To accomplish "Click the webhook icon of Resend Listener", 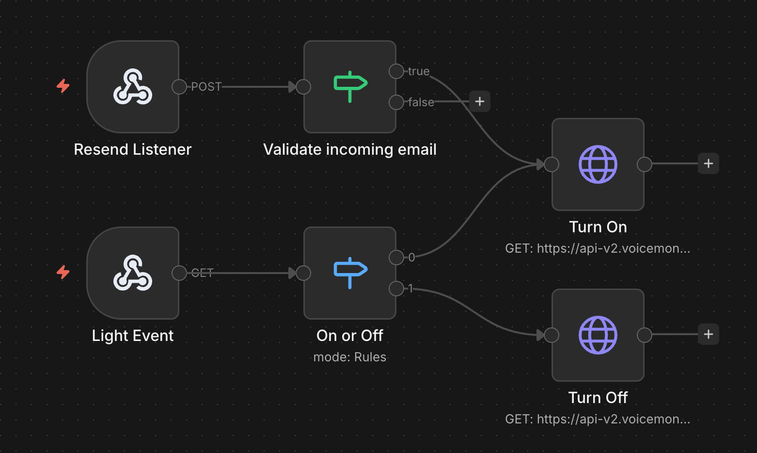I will pos(133,87).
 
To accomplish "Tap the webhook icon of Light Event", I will pos(133,273).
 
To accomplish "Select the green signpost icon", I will pos(350,86).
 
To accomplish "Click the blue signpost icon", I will pos(350,273).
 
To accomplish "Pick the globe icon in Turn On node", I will pos(598,164).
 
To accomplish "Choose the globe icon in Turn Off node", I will pos(598,335).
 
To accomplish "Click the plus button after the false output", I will pos(480,101).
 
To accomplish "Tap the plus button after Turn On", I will pos(708,163).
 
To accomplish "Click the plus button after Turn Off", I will pos(708,334).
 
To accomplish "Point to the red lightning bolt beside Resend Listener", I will pos(63,86).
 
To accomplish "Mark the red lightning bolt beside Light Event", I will pos(63,272).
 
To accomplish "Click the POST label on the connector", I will pos(206,87).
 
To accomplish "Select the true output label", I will pos(419,71).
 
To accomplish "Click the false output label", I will pos(421,102).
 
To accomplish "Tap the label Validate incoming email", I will pos(349,149).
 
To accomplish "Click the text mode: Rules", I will pos(349,357).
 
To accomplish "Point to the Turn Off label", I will pos(598,398).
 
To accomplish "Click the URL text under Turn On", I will pos(598,248).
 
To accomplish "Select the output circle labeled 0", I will pos(396,258).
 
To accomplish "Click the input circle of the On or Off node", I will pos(303,273).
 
